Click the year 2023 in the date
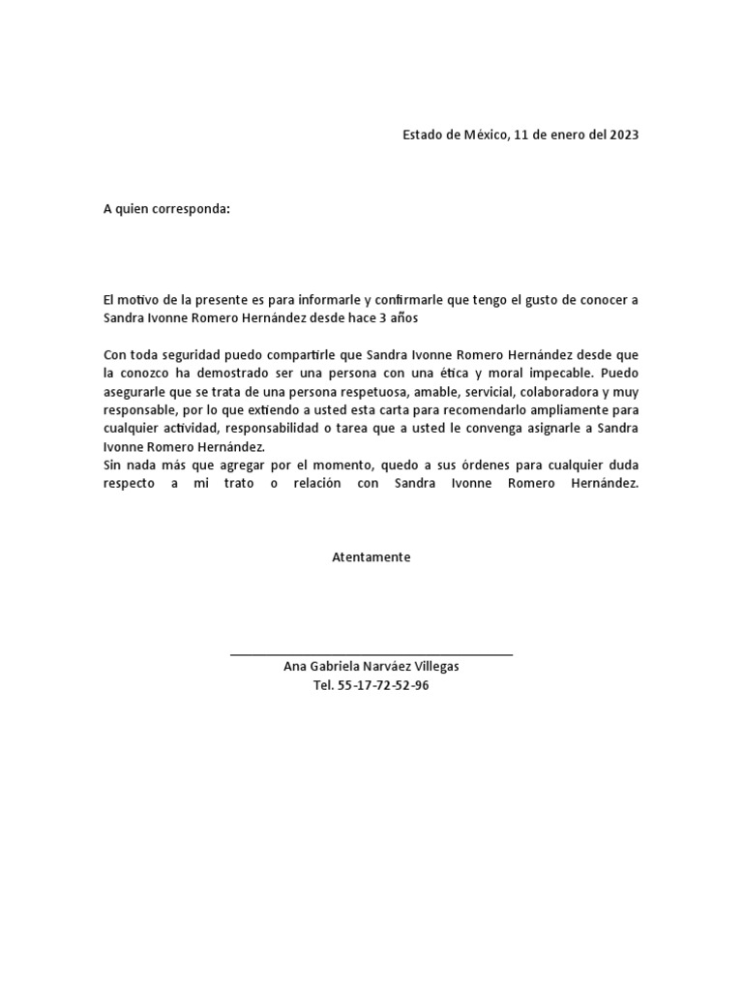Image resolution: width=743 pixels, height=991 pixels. [x=624, y=135]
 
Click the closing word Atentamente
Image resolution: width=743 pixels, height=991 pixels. [x=371, y=557]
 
